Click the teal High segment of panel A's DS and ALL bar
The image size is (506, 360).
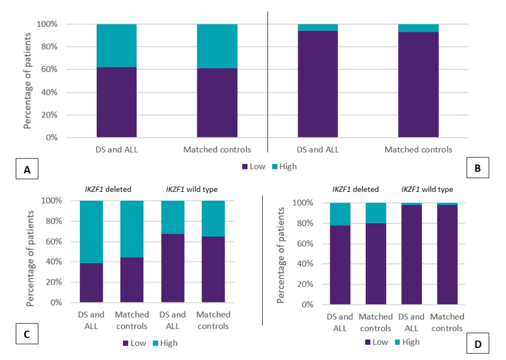click(116, 46)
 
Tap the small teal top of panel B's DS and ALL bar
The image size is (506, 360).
click(317, 27)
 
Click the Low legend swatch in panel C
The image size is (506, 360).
click(125, 343)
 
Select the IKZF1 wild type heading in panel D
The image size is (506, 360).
click(428, 189)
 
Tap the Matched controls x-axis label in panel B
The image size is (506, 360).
click(418, 149)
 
